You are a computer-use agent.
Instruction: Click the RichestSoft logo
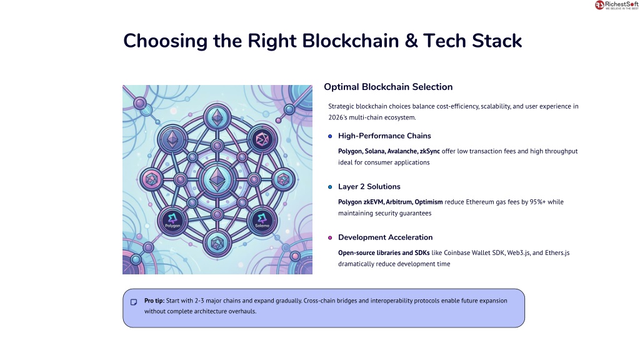coord(616,5)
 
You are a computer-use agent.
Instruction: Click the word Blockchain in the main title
coord(350,41)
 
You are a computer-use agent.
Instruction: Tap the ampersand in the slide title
coord(411,41)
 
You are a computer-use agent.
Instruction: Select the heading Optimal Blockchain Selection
coord(388,87)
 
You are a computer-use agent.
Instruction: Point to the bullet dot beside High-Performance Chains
coord(330,136)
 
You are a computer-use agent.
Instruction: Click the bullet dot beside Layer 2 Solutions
coord(330,187)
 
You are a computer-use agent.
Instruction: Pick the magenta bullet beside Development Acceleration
coord(330,238)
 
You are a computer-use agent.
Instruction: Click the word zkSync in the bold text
coord(430,151)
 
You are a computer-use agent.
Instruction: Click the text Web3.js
coord(518,253)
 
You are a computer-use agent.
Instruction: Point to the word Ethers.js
coord(557,253)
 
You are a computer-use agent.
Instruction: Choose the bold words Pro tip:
coord(154,301)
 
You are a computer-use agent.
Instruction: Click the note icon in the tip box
coord(134,302)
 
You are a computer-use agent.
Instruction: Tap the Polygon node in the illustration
coord(172,221)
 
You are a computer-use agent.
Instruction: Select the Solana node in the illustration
coord(262,221)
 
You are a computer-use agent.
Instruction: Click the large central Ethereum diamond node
coord(217,179)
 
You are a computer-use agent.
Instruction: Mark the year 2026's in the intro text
coord(337,117)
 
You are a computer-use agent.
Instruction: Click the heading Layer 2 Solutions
coord(369,187)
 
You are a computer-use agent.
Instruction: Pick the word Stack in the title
coord(497,41)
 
